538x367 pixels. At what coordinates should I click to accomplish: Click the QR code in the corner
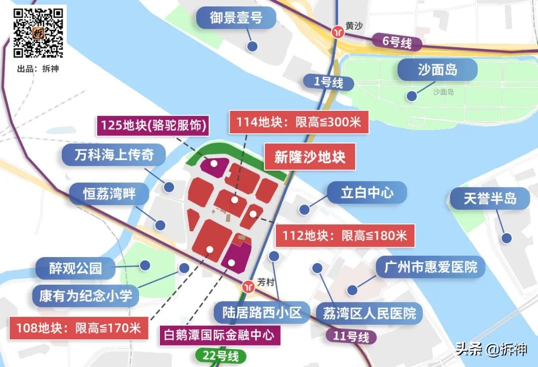point(38,32)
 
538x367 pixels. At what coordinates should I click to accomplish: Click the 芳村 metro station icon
point(248,287)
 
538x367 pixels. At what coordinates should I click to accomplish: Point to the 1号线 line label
point(328,83)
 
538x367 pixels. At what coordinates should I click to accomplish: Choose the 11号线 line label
point(352,337)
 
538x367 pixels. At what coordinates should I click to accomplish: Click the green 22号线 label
point(221,356)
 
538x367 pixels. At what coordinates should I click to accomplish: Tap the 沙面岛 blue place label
point(437,70)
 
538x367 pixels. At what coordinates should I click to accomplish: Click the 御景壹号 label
point(236,19)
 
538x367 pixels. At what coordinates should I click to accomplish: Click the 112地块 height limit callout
point(345,235)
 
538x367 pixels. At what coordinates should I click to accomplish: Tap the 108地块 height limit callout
point(79,328)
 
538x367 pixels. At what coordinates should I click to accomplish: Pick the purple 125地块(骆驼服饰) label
point(153,125)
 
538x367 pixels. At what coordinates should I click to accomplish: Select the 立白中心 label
point(367,192)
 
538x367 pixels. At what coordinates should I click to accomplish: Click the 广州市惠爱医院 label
point(430,268)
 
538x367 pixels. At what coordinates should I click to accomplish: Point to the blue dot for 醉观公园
point(145,265)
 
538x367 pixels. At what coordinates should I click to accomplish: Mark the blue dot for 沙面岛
point(411,96)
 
